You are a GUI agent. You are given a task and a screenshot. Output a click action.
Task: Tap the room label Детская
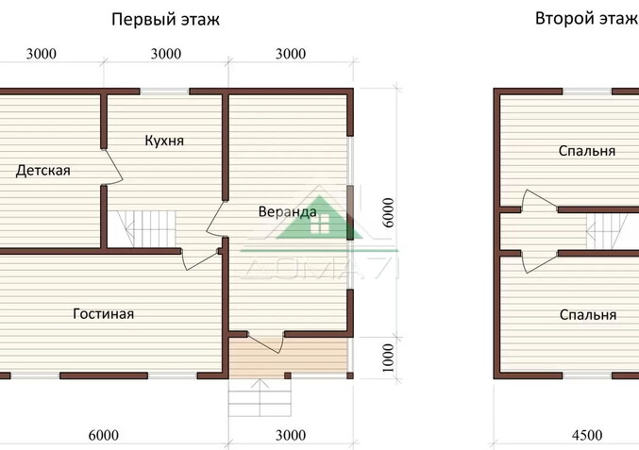coord(43,171)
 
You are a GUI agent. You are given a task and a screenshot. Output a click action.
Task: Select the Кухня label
coord(164,141)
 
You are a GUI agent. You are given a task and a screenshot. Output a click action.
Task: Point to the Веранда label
coord(287,212)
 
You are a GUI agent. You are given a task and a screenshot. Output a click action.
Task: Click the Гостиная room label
coord(103,313)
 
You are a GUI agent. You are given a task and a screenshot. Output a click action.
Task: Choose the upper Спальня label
coord(586,151)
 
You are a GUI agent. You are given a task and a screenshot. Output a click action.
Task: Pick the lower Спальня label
coord(586,315)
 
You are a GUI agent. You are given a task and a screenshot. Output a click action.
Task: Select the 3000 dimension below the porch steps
coord(291,435)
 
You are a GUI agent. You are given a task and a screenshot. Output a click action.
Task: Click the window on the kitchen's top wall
coord(165,92)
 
